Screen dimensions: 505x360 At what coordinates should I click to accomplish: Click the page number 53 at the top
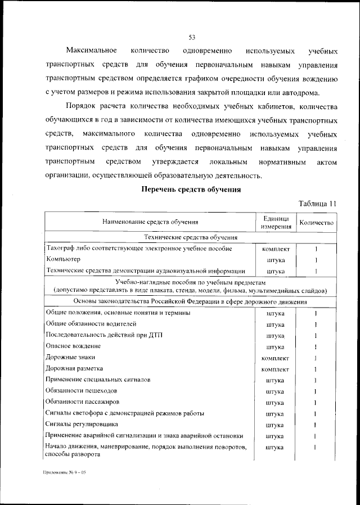(x=191, y=38)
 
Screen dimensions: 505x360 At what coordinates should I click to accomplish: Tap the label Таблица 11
(x=318, y=203)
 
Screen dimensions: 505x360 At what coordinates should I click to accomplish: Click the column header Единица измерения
(x=276, y=222)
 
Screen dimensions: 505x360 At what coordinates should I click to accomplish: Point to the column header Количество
(x=317, y=223)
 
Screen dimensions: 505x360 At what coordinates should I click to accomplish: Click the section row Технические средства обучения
(x=191, y=237)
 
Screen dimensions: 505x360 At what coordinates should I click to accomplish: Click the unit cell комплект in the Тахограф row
(x=276, y=248)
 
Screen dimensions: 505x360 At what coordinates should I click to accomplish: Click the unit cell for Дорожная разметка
(x=276, y=369)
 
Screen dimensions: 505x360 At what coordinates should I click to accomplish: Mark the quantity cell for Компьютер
(x=317, y=260)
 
